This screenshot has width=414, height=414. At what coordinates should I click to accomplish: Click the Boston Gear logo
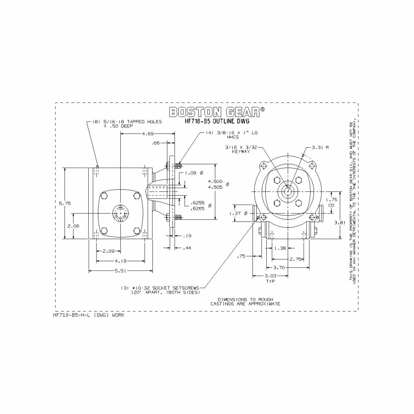(x=217, y=111)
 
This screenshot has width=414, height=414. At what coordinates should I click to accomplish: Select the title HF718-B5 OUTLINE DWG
(x=217, y=121)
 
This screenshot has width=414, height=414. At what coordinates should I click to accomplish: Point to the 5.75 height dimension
(x=65, y=203)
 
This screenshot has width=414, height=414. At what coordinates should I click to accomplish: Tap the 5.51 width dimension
(x=120, y=271)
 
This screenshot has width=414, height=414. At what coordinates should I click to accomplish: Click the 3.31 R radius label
(x=320, y=147)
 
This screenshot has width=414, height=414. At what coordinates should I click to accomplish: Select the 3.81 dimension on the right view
(x=340, y=223)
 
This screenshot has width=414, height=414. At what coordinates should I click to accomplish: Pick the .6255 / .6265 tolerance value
(x=197, y=206)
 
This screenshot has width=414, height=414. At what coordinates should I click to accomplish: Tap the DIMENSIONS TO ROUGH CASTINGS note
(x=245, y=302)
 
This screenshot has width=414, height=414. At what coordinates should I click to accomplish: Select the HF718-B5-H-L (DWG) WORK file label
(x=89, y=315)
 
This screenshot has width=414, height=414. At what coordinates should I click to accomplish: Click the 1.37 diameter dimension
(x=238, y=214)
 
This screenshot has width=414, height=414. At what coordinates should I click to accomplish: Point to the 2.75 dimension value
(x=296, y=259)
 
